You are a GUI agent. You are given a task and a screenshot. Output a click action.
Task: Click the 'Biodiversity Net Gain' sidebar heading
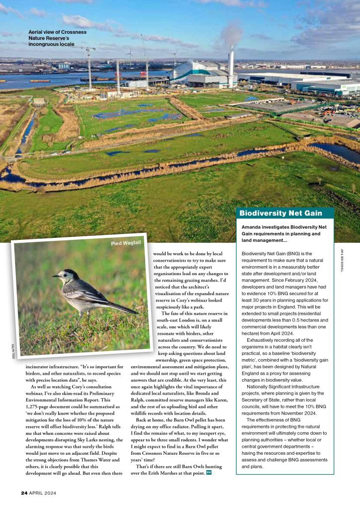[280, 213]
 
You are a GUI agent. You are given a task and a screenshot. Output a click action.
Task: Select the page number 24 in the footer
[24, 493]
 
